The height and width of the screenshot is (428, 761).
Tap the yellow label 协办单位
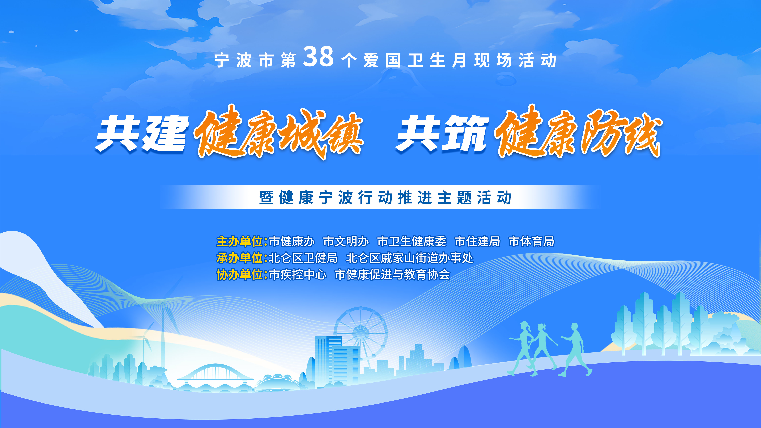240,275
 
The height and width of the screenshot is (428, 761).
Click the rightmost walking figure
575,348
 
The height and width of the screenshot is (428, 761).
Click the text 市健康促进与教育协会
392,275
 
